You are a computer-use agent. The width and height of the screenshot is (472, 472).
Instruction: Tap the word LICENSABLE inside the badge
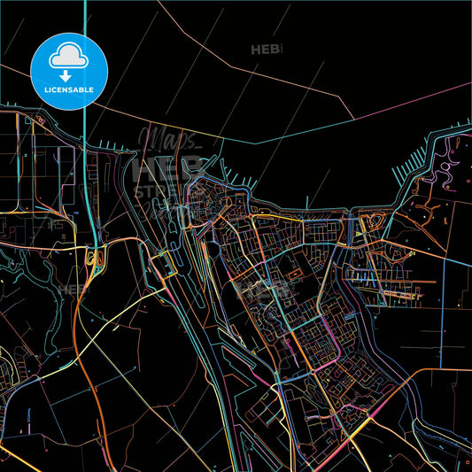coord(70,89)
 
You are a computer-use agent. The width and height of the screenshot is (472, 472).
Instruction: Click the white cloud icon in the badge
coord(70,54)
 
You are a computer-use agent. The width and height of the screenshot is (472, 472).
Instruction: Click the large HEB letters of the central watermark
coord(165,167)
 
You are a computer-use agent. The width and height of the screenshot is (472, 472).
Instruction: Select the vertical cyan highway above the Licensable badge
coord(85,18)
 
